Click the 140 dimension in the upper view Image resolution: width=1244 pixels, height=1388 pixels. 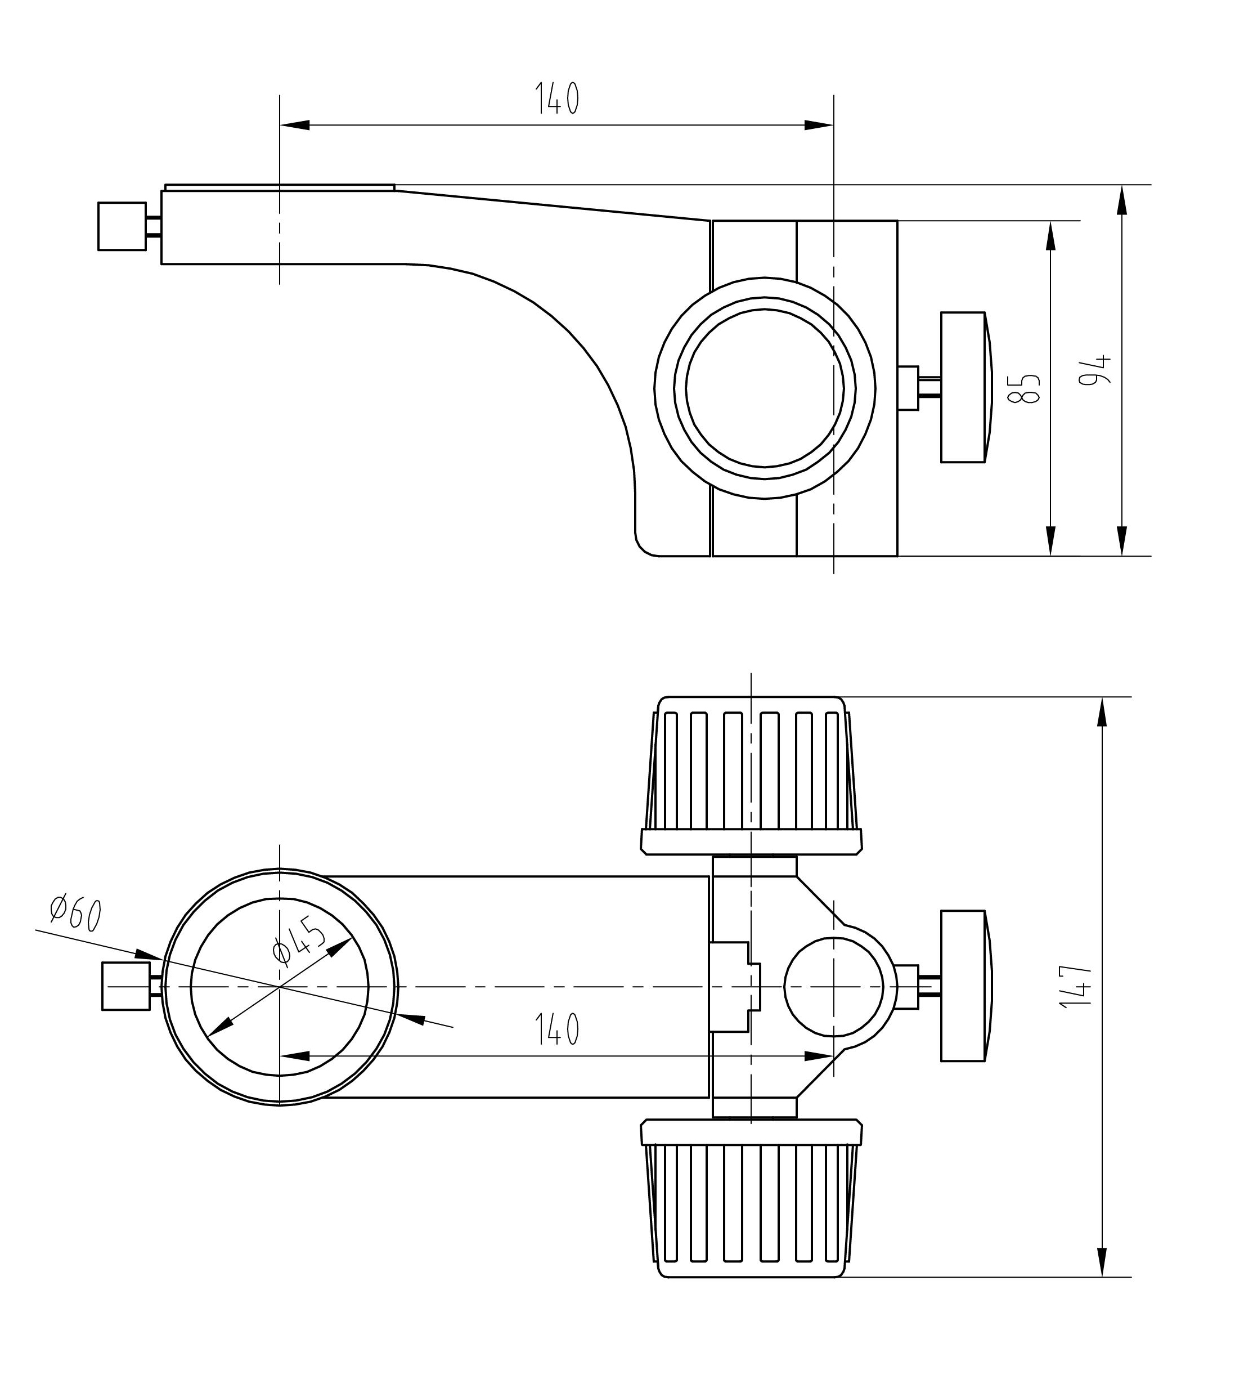(556, 98)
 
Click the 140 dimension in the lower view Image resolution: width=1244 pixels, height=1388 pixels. (556, 1029)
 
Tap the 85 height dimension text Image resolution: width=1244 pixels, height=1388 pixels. (1027, 388)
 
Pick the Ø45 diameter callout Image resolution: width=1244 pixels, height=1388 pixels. (297, 940)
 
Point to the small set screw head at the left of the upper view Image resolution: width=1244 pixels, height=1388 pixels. (122, 226)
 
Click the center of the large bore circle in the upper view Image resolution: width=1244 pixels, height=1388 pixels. (764, 388)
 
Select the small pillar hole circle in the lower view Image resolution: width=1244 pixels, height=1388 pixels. (833, 987)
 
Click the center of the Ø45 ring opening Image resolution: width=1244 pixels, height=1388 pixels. (280, 987)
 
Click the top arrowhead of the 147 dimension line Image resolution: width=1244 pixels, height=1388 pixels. (1101, 711)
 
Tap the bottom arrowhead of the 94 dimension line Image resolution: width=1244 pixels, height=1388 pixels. (1122, 541)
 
